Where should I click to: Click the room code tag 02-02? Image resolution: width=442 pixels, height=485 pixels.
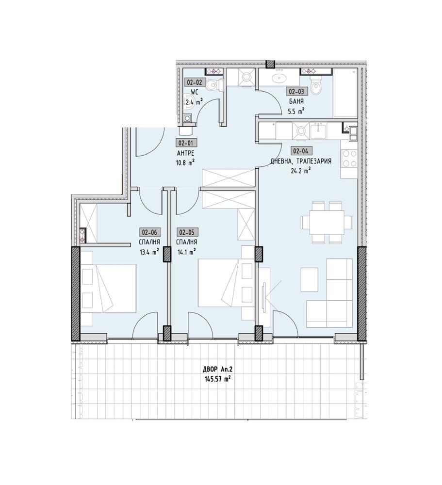click(x=195, y=82)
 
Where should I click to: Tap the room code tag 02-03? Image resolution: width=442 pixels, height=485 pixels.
click(x=298, y=91)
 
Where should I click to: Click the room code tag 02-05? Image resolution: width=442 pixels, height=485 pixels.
click(x=188, y=232)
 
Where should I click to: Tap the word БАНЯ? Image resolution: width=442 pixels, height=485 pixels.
click(x=296, y=101)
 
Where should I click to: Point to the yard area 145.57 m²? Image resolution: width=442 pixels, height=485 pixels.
click(x=217, y=379)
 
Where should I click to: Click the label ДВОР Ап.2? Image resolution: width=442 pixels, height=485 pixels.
click(x=217, y=369)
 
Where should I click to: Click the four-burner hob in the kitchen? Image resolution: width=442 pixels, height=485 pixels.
click(x=349, y=159)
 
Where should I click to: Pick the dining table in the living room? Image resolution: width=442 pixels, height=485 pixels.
click(x=327, y=222)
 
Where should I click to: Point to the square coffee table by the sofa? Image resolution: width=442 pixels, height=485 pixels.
click(x=309, y=277)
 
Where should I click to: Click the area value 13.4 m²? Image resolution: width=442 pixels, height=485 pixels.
click(x=149, y=252)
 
